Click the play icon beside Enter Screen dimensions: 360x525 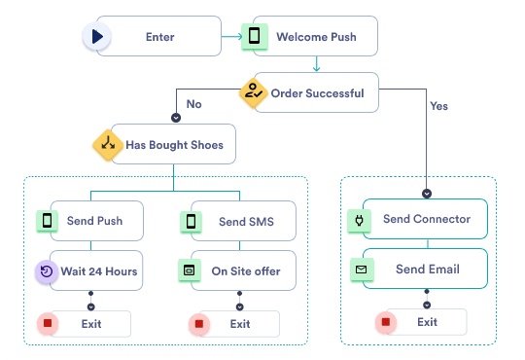97,37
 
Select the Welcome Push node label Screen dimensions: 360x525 316,37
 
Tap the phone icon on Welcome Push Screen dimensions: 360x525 255,37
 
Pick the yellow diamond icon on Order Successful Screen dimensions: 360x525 254,93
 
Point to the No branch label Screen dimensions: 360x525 194,102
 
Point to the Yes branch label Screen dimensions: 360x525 438,105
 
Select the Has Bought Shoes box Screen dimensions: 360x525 174,145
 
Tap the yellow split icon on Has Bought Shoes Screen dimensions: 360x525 107,145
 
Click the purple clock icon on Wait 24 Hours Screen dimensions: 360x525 47,271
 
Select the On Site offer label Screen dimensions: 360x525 244,271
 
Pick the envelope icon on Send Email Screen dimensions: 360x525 361,268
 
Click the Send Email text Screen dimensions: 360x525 427,268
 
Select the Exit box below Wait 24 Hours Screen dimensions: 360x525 90,323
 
